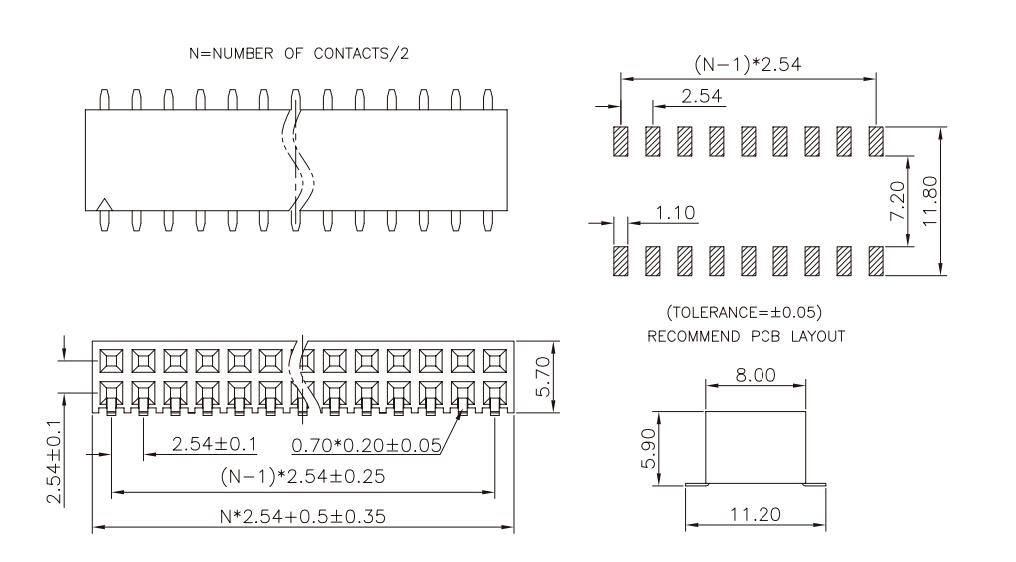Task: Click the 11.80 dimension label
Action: (930, 201)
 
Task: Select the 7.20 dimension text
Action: (897, 201)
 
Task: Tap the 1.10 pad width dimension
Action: (675, 212)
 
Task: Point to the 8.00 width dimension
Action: (756, 375)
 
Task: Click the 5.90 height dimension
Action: (648, 448)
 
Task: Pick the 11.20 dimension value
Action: (756, 515)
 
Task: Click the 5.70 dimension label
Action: (543, 376)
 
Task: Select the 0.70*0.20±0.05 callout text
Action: (366, 445)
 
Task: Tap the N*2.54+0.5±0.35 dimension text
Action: (302, 517)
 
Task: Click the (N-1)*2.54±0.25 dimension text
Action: (302, 476)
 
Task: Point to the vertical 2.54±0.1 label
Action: (54, 461)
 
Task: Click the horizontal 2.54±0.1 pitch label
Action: (214, 444)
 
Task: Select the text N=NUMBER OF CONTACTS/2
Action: (298, 53)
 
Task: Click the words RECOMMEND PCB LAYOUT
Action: (747, 337)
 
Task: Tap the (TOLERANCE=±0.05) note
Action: (745, 313)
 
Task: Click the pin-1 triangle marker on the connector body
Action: (104, 205)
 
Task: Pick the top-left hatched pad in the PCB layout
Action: (621, 141)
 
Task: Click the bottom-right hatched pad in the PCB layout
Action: (876, 260)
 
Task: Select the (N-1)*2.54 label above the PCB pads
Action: (748, 64)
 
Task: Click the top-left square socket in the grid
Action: (112, 361)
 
